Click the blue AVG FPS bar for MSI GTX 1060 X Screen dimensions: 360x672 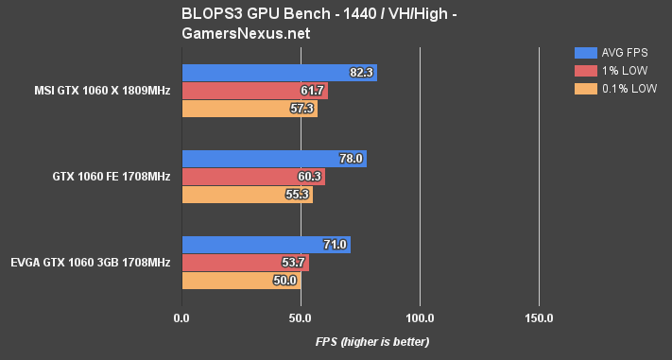coord(279,73)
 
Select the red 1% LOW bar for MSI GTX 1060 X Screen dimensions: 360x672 coord(254,91)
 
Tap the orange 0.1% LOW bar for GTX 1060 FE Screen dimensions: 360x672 coord(247,195)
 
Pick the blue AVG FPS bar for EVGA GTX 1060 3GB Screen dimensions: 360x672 coord(266,245)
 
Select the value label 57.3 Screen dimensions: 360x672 coord(302,109)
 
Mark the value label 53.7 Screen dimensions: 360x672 coord(294,263)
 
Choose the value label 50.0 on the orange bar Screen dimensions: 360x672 coord(285,281)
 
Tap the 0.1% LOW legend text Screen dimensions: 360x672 coord(629,89)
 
